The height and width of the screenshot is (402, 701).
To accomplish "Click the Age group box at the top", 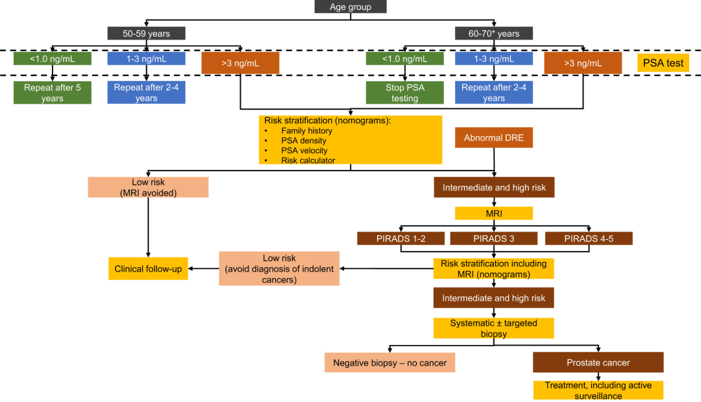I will tap(350, 6).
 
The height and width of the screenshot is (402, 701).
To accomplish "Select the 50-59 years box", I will tap(146, 33).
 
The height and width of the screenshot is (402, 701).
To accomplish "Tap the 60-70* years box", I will tap(494, 33).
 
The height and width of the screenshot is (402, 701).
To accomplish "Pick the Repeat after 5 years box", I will tap(53, 93).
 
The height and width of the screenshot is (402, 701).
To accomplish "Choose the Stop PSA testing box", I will tap(405, 93).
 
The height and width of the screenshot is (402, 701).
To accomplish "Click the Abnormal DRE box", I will tap(494, 138).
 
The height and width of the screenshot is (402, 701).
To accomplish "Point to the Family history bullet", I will tap(306, 131).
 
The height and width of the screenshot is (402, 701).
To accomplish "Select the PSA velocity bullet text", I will tap(304, 150).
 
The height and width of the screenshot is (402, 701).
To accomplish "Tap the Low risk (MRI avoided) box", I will tap(148, 187).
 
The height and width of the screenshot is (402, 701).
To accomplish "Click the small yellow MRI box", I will tap(494, 213).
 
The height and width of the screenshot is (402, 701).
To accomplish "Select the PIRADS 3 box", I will tap(494, 238).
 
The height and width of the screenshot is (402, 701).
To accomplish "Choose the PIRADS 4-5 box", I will tap(589, 238).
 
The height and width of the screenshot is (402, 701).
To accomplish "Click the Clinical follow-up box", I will tap(148, 268).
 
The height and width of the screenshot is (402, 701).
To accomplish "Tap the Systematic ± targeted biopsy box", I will tap(494, 328).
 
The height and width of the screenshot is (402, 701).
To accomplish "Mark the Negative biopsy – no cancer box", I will tap(389, 362).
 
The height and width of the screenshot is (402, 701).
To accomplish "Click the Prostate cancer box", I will tap(598, 362).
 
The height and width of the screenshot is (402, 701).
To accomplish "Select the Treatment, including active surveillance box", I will tap(598, 390).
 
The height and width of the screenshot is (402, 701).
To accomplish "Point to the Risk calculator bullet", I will tap(308, 160).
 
